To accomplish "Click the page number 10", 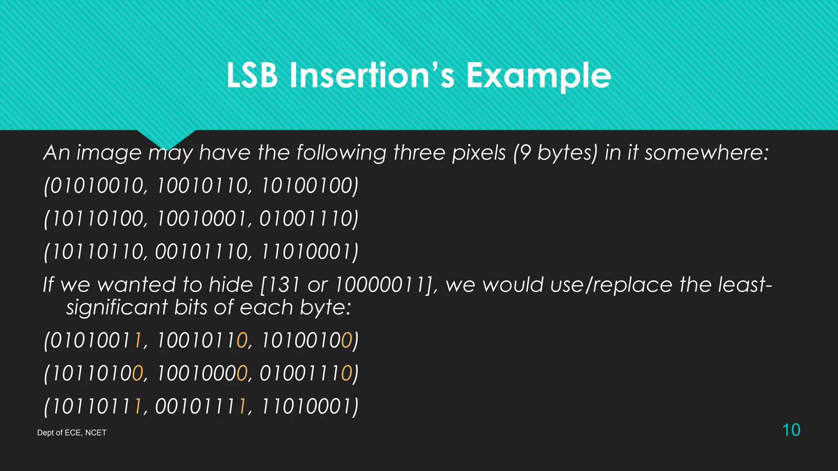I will coord(791,430).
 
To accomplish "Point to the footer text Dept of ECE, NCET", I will coord(72,433).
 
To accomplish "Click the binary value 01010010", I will coord(96,186).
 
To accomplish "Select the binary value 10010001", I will coord(202,218).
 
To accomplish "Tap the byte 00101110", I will coord(202,251).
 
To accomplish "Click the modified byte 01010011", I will coord(96,340).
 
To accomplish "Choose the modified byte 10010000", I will coord(202,373).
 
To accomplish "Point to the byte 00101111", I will coord(201,406).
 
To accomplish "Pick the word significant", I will coord(117,307).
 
